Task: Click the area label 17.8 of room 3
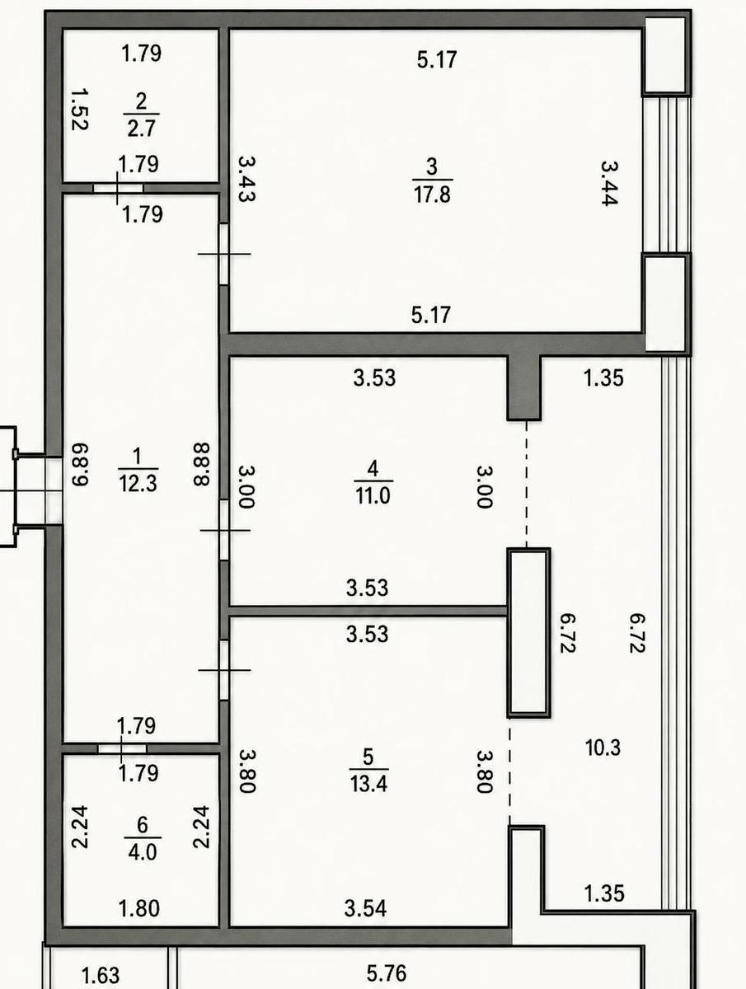click(432, 195)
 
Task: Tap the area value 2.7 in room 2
click(141, 129)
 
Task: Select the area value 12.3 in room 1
click(138, 484)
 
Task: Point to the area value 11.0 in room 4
click(373, 496)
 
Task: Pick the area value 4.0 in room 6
click(143, 852)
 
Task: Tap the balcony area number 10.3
click(603, 748)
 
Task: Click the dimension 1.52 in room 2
click(79, 110)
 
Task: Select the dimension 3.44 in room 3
click(609, 184)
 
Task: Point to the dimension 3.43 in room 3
click(246, 179)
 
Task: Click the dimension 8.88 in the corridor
click(201, 465)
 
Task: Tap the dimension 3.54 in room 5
click(365, 908)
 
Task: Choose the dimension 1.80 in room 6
click(139, 908)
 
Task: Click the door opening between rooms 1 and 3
click(224, 254)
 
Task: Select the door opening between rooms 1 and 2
click(118, 188)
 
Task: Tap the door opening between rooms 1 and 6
click(122, 748)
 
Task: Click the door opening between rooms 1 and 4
click(224, 530)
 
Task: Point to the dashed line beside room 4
click(526, 485)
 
